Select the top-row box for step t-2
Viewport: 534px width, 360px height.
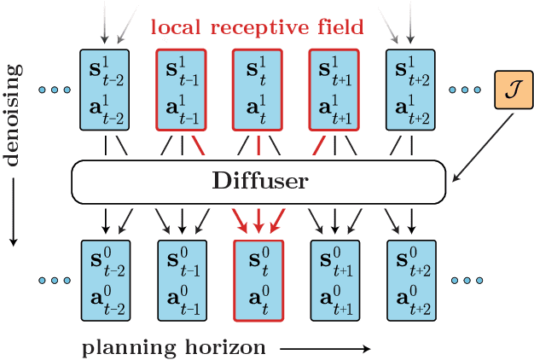click(104, 90)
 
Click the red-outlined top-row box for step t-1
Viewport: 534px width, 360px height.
click(181, 90)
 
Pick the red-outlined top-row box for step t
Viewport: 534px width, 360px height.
click(258, 90)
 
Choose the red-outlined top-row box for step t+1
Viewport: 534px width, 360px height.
click(334, 90)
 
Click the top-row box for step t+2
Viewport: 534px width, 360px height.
click(411, 90)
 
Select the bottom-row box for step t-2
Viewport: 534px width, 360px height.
click(104, 280)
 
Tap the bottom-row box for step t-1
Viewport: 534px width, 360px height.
click(181, 280)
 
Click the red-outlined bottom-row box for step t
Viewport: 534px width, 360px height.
click(258, 280)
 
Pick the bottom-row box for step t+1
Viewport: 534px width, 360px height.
click(334, 280)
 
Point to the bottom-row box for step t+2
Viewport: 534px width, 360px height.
click(411, 280)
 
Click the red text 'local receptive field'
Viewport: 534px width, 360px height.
click(258, 26)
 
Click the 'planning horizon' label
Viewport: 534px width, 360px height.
click(174, 347)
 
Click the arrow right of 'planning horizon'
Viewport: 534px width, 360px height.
click(324, 348)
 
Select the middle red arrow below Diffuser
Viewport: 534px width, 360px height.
click(258, 220)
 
